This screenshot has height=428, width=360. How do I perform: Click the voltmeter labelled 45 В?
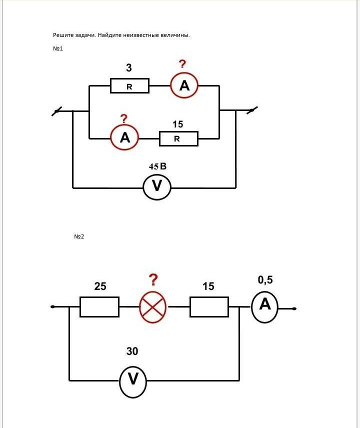coord(157,186)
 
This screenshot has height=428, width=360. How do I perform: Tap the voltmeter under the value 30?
coord(132,379)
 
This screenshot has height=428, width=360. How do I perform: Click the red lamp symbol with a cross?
coord(152,306)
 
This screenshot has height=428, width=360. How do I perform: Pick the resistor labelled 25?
coord(99,306)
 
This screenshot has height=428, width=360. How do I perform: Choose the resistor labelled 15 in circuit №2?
coord(209,306)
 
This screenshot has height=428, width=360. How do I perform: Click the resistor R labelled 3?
coord(129,86)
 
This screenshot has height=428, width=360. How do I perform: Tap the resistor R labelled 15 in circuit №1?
coord(178,138)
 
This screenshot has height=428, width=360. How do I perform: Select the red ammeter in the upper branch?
coord(184,86)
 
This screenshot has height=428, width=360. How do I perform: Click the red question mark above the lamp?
coord(153,279)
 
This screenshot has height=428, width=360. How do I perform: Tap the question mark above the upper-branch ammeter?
coord(182,63)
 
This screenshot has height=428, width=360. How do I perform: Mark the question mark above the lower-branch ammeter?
coord(124,118)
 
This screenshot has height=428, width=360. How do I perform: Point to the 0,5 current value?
coord(265,280)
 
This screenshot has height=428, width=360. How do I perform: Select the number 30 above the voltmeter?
coord(132,351)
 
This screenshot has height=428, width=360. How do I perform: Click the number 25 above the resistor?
coord(100,286)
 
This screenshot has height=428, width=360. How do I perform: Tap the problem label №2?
coord(79,236)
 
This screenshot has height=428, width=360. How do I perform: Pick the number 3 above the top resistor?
coord(129,68)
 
